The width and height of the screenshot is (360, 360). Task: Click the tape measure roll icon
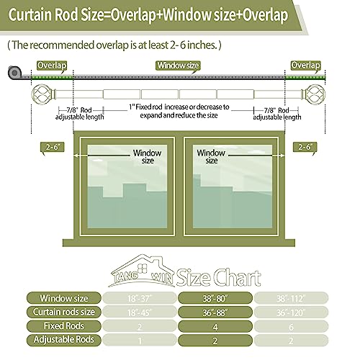(14, 72)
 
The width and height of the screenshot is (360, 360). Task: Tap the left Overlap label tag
(52, 66)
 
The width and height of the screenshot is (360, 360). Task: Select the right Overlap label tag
(305, 66)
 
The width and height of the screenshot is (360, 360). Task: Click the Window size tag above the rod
(178, 66)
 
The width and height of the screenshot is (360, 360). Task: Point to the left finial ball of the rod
(40, 94)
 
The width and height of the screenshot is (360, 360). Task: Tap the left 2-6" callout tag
(53, 147)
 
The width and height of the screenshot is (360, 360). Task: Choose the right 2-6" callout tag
(305, 147)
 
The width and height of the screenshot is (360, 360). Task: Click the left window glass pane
(127, 186)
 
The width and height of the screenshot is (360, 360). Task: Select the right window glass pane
(233, 186)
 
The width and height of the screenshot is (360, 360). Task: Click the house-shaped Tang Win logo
(142, 271)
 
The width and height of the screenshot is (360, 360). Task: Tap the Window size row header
(64, 298)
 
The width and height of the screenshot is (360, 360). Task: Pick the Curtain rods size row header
(64, 312)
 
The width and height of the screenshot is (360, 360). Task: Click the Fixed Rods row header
(64, 326)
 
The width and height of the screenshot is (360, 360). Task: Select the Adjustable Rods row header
(64, 340)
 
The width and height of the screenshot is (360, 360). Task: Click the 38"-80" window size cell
(215, 298)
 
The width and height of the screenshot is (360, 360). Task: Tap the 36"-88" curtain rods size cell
(215, 312)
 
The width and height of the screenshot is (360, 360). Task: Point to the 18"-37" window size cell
(140, 298)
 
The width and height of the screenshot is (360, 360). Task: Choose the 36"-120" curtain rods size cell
(291, 312)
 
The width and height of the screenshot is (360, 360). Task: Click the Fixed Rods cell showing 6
(291, 326)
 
